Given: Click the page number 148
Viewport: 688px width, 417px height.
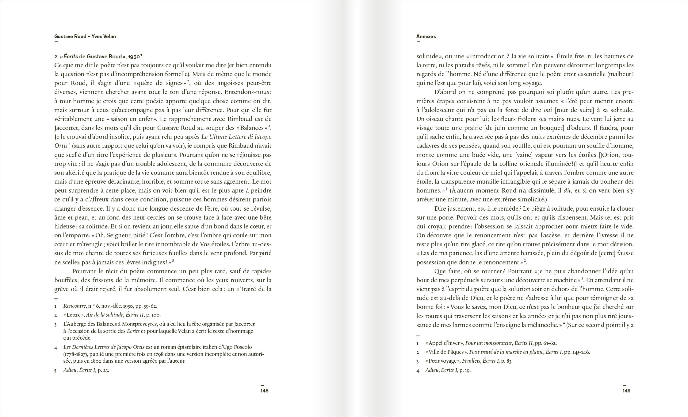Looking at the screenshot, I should pyautogui.click(x=264, y=391).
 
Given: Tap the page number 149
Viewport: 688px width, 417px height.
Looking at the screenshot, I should pyautogui.click(x=626, y=391).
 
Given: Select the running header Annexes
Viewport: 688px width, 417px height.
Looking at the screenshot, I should pyautogui.click(x=426, y=37).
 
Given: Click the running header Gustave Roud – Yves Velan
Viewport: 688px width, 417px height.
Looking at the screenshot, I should pyautogui.click(x=85, y=37).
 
